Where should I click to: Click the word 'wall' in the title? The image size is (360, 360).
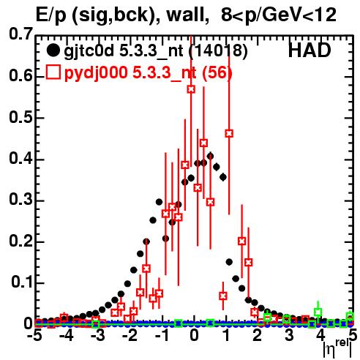[185, 15]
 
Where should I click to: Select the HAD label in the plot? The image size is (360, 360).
[310, 50]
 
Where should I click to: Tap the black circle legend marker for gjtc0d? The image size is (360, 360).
[53, 50]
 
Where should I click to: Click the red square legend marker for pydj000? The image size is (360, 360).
[53, 72]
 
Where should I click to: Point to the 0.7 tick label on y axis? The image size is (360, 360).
[20, 34]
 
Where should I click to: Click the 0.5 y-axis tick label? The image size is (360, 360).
[20, 118]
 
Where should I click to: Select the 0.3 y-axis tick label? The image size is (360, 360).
[20, 200]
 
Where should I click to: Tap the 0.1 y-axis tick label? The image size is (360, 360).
[21, 282]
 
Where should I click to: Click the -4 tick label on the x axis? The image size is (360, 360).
[67, 336]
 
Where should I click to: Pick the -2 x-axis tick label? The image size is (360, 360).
[130, 336]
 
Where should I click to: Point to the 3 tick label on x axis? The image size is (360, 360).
[289, 336]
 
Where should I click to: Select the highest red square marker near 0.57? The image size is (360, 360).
[191, 89]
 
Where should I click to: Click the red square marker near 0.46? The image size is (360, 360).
[229, 133]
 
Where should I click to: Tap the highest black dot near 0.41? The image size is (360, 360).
[210, 156]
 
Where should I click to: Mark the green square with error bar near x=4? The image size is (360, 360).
[318, 312]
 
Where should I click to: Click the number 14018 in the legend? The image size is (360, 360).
[218, 50]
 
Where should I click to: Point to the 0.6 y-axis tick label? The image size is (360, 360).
[20, 76]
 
